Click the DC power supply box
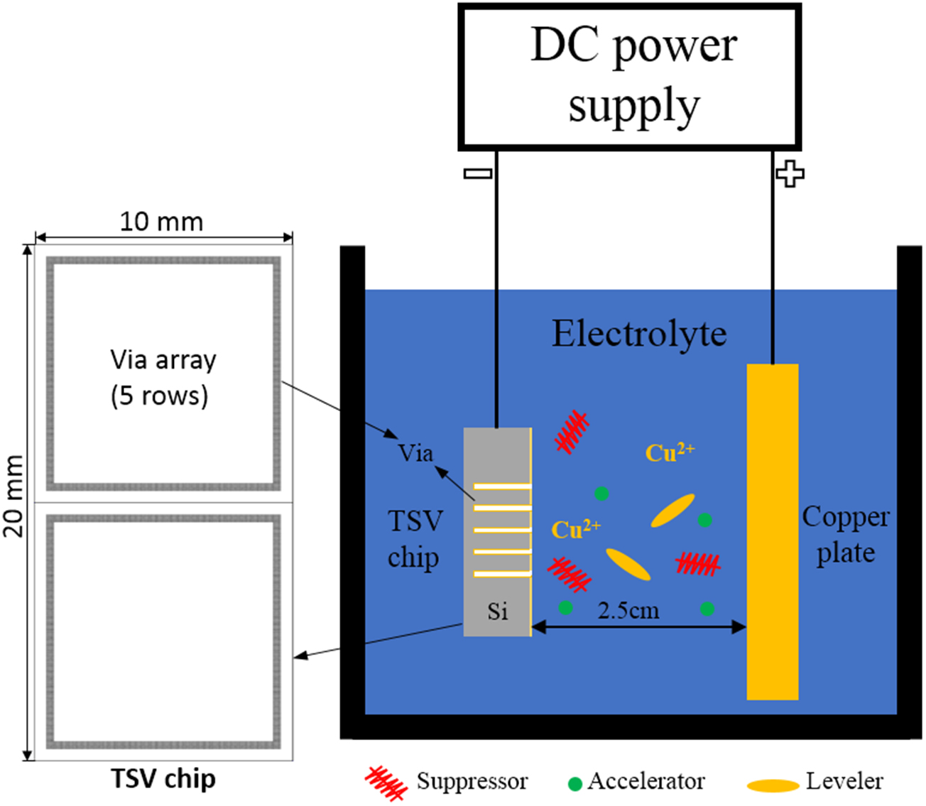click(x=630, y=76)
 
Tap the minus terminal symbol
click(x=477, y=173)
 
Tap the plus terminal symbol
click(x=790, y=173)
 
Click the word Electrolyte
click(x=639, y=334)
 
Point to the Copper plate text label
click(x=845, y=534)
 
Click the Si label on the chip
click(x=497, y=611)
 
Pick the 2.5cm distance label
click(x=628, y=610)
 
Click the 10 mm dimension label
click(x=161, y=222)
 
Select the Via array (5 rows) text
click(x=162, y=377)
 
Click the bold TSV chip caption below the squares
click(x=163, y=779)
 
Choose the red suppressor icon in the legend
click(x=386, y=783)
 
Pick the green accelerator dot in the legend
click(x=574, y=784)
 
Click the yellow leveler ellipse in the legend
click(x=773, y=785)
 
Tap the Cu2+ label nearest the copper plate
click(x=669, y=452)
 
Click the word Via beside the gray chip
click(x=415, y=453)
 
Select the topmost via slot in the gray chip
click(x=502, y=486)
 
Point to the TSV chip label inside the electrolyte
click(x=415, y=539)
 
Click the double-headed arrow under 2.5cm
click(x=638, y=626)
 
